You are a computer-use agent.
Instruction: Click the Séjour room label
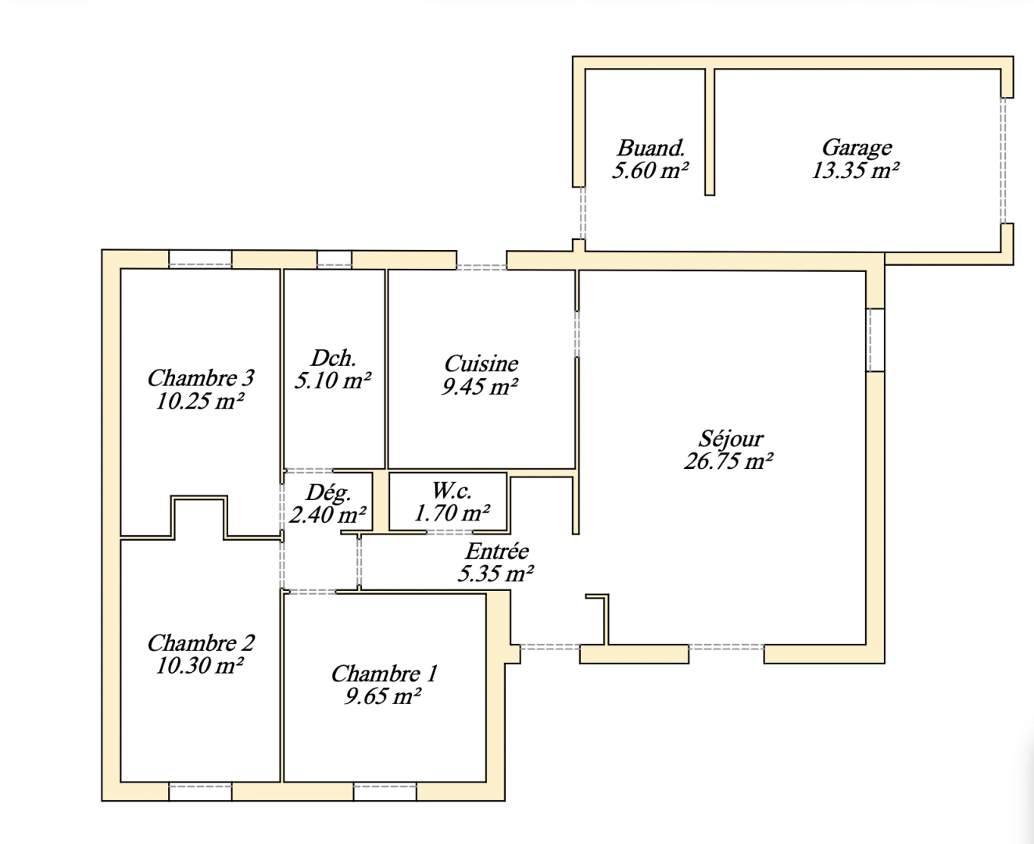pos(731,438)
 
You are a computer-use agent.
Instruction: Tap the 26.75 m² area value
pos(728,461)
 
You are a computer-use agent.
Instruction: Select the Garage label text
pos(857,147)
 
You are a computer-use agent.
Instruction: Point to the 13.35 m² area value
pos(855,170)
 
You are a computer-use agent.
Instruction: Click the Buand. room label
pos(651,147)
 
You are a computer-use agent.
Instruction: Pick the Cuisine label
pos(481,363)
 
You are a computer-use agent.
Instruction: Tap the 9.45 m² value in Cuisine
pos(480,386)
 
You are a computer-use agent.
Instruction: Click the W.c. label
pos(452,491)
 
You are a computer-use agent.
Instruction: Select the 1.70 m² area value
pos(452,513)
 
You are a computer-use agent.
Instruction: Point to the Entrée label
pos(497,551)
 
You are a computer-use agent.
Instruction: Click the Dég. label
pos(328,492)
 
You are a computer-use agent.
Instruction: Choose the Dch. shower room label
pos(334,358)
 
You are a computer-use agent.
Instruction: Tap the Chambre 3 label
pos(201,378)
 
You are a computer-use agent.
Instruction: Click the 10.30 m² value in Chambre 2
pos(200,666)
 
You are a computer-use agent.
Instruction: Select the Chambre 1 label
pos(384,673)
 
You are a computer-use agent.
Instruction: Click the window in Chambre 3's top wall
pos(200,259)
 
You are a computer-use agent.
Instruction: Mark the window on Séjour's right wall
pos(875,340)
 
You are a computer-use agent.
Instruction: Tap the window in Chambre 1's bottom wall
pos(385,792)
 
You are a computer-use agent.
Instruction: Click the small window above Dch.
pos(334,259)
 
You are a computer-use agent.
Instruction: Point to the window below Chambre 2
pos(200,792)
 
